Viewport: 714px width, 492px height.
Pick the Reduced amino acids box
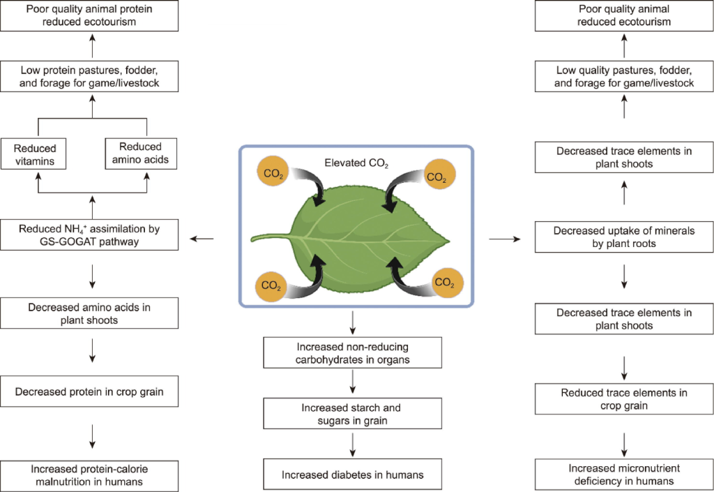click(139, 154)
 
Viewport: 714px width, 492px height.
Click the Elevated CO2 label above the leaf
click(356, 163)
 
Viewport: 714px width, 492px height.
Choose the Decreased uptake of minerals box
click(624, 237)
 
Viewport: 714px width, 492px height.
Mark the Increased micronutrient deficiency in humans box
click(624, 475)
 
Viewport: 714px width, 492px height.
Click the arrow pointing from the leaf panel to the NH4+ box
click(202, 239)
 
